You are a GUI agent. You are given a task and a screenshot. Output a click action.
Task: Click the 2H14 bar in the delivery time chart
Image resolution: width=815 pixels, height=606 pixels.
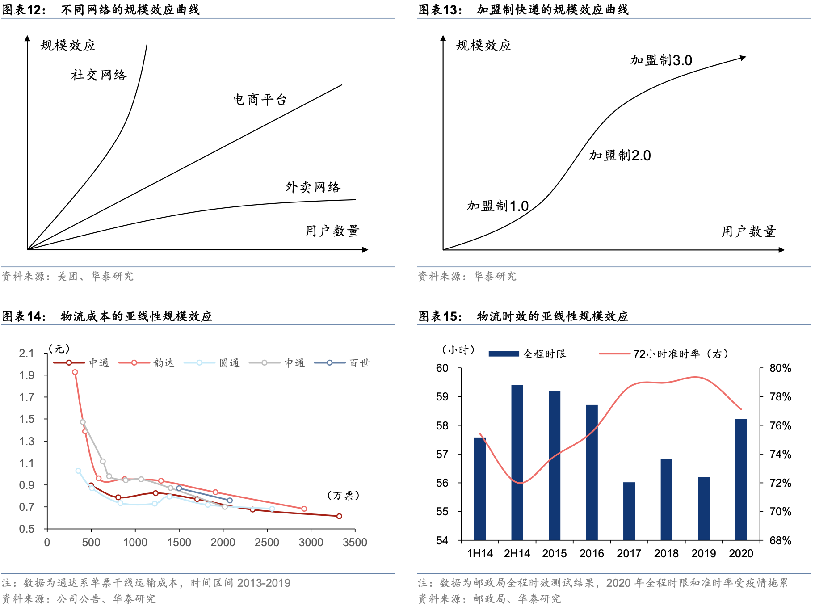coord(517,462)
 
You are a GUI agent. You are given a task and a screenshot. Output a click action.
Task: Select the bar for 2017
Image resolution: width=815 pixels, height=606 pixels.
coord(629,511)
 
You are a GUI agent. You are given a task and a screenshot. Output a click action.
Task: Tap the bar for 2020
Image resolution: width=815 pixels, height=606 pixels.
coord(741,479)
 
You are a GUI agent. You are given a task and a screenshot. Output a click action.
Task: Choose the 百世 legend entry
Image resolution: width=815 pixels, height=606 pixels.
coord(342,363)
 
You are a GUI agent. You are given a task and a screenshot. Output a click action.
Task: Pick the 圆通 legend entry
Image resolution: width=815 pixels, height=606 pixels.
coord(212,363)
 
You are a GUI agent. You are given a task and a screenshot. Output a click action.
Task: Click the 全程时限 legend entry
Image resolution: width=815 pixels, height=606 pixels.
coord(527,354)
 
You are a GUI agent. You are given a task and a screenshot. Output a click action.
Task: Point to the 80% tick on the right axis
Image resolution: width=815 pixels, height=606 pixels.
coord(780,368)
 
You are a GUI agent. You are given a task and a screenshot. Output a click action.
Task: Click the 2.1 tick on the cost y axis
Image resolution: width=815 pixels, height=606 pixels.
coord(26,353)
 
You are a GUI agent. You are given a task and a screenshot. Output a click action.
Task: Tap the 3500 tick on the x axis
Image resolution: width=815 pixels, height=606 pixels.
coord(355,543)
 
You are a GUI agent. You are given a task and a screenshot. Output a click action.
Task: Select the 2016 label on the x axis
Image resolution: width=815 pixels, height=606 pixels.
coord(592,554)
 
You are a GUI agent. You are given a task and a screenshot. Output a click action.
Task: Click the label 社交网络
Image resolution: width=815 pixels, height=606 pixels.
coord(99,75)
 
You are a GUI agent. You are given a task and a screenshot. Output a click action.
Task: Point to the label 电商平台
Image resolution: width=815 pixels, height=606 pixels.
coord(260,99)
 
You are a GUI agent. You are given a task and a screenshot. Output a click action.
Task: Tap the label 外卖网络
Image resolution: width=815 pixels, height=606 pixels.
coord(313,187)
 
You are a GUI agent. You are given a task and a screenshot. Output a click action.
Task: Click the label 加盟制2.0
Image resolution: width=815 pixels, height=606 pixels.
coord(620,156)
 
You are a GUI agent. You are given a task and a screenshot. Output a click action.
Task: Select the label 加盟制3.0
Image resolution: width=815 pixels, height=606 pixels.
coord(661,60)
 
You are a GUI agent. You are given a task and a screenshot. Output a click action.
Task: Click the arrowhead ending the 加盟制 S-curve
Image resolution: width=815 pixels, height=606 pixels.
coord(744,58)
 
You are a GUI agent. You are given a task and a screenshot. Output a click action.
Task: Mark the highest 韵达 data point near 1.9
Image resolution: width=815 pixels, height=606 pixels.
coord(75,372)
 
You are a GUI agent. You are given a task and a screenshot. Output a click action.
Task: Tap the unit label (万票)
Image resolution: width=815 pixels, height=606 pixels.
coord(343,495)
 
